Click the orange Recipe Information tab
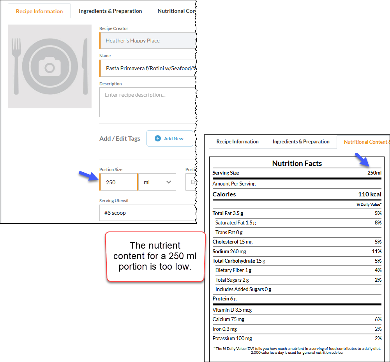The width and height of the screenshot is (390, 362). click(39, 11)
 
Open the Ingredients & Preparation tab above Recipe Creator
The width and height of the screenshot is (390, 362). click(110, 11)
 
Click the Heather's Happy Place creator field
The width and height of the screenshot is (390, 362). click(148, 41)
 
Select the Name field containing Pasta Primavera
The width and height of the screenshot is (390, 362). click(148, 68)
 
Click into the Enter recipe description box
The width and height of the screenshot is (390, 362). click(148, 102)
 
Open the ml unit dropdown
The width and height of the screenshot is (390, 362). click(157, 182)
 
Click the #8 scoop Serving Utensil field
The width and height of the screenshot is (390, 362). click(148, 213)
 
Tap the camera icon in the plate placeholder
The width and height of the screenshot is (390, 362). click(50, 67)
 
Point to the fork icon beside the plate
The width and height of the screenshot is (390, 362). click(16, 66)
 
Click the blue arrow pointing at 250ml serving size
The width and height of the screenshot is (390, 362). click(362, 159)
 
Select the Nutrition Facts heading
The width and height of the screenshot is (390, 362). click(297, 163)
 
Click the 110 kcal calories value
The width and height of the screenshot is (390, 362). click(370, 194)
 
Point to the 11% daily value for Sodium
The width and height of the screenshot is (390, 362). click(377, 252)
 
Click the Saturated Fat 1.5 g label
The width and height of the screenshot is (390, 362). click(236, 222)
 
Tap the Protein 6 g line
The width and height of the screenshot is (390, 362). click(224, 298)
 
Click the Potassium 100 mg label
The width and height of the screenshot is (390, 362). click(232, 338)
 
